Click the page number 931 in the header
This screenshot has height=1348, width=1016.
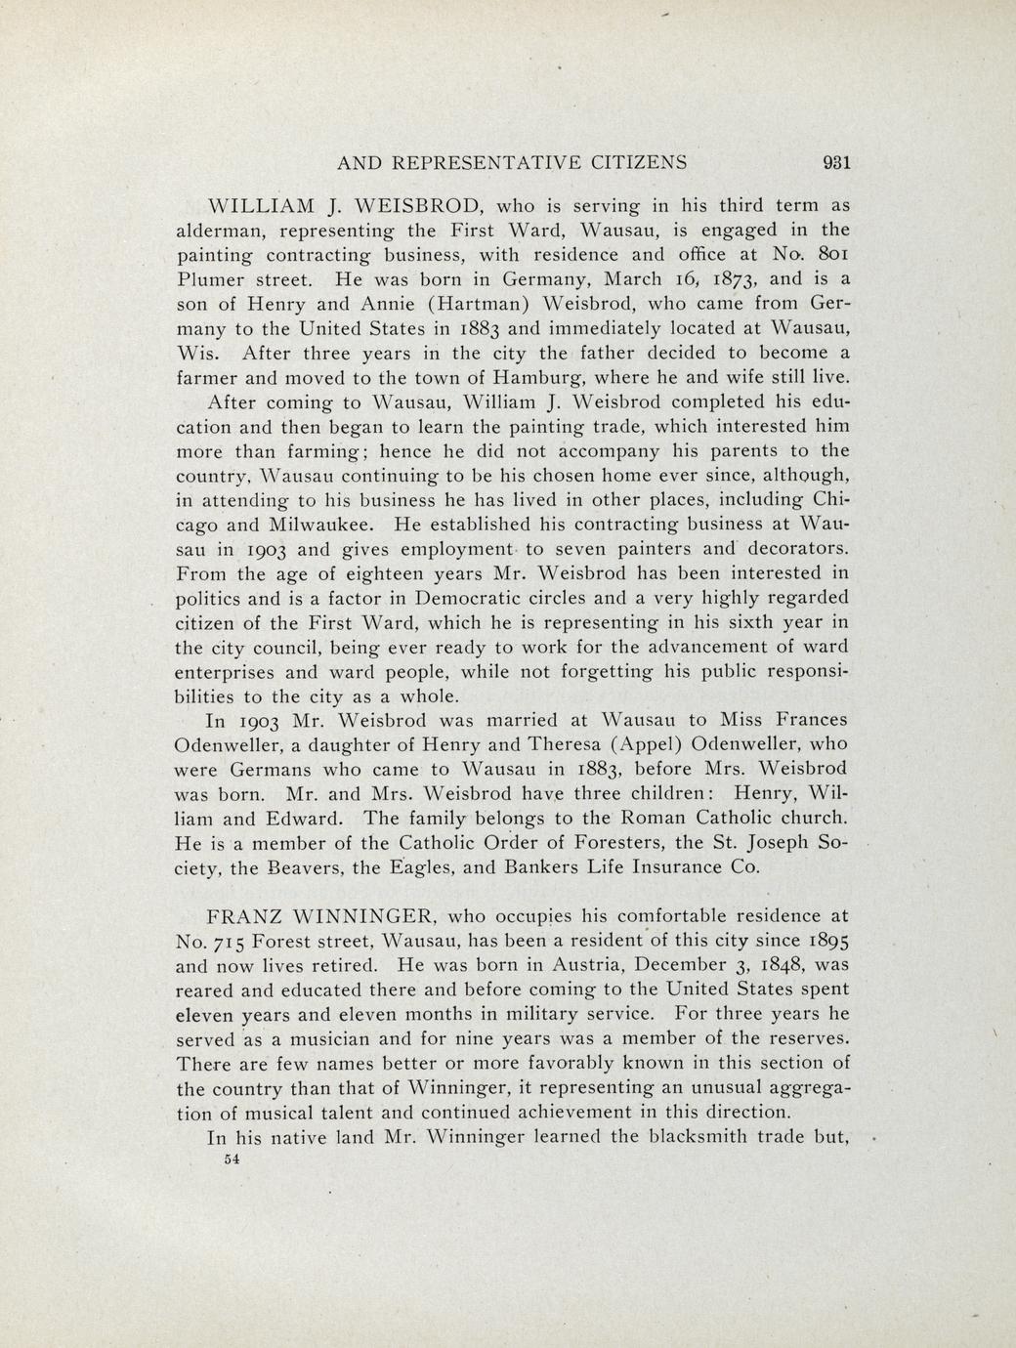[836, 163]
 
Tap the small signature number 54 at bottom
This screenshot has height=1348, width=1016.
[232, 1159]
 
